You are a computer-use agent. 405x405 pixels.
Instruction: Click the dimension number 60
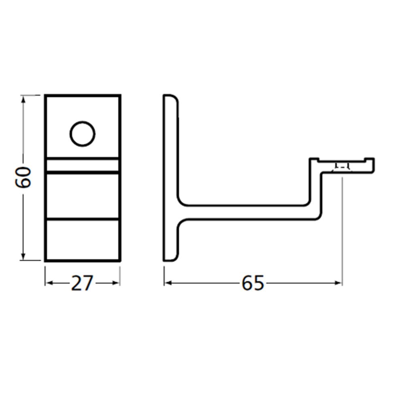click(23, 177)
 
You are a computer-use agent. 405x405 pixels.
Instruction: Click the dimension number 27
click(82, 283)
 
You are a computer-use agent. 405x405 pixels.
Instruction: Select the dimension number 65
click(253, 283)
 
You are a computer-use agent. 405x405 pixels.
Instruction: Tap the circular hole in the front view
click(82, 134)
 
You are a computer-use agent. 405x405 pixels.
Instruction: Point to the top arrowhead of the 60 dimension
click(23, 98)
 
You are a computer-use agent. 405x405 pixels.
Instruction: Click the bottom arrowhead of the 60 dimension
click(23, 257)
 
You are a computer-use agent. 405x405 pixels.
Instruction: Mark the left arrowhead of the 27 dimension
click(48, 283)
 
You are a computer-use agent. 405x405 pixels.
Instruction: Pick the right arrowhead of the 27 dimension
click(117, 283)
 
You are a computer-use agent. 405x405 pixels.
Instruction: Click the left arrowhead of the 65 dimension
click(167, 283)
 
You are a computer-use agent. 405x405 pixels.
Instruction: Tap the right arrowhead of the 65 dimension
click(339, 283)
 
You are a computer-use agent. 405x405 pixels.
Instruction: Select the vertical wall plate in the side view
click(170, 178)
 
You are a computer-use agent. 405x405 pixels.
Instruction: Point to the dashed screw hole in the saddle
click(342, 166)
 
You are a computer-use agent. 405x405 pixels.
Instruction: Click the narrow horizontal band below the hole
click(82, 165)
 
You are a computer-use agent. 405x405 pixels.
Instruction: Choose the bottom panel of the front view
click(82, 240)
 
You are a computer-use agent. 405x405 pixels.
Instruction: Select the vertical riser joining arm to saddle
click(316, 190)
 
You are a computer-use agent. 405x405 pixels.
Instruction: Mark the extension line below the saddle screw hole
click(342, 227)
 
